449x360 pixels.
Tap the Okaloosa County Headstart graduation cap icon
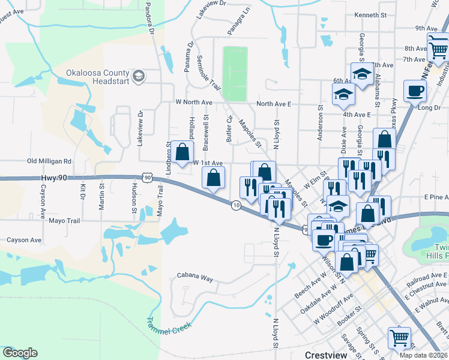[x=139, y=75]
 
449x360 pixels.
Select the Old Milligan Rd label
[x=49, y=161]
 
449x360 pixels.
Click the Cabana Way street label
[x=195, y=278]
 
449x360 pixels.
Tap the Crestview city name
[x=326, y=355]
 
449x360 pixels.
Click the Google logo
[x=20, y=353]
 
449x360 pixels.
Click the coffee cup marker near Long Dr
[x=415, y=92]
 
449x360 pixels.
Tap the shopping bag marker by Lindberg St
[x=184, y=153]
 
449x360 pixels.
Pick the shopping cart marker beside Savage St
[x=399, y=337]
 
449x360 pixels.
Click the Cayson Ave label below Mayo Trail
[x=24, y=240]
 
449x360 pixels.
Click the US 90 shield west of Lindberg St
[x=148, y=176]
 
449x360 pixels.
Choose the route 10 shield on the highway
[x=236, y=205]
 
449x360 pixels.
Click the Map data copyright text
[x=423, y=355]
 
